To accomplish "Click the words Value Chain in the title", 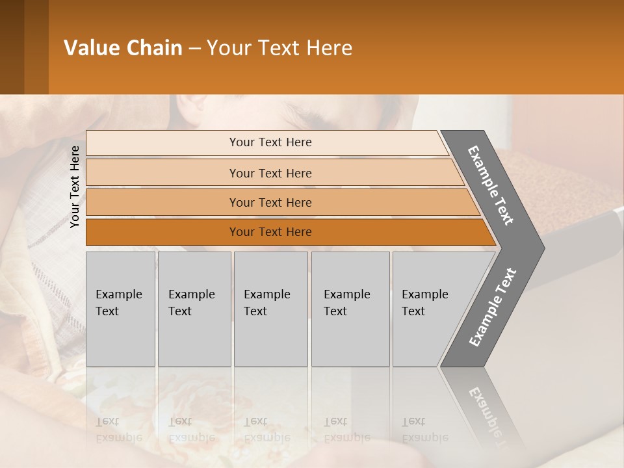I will pyautogui.click(x=123, y=48).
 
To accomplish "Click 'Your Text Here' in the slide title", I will pyautogui.click(x=279, y=48).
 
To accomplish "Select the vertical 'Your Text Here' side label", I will pyautogui.click(x=75, y=187).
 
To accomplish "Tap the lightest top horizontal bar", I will pyautogui.click(x=270, y=142).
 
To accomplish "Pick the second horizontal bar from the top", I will pyautogui.click(x=270, y=173).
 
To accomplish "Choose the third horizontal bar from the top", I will pyautogui.click(x=270, y=202).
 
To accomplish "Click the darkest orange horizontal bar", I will pyautogui.click(x=270, y=232).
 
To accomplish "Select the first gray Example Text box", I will pyautogui.click(x=120, y=309).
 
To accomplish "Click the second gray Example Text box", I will pyautogui.click(x=194, y=309).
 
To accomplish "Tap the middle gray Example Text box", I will pyautogui.click(x=270, y=309).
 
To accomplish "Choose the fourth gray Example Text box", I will pyautogui.click(x=350, y=309).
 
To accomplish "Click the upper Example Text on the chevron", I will pyautogui.click(x=491, y=185).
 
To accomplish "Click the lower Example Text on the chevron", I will pyautogui.click(x=492, y=307).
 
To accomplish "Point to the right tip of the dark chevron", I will pyautogui.click(x=543, y=248).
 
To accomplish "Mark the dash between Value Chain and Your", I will pyautogui.click(x=194, y=49).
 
